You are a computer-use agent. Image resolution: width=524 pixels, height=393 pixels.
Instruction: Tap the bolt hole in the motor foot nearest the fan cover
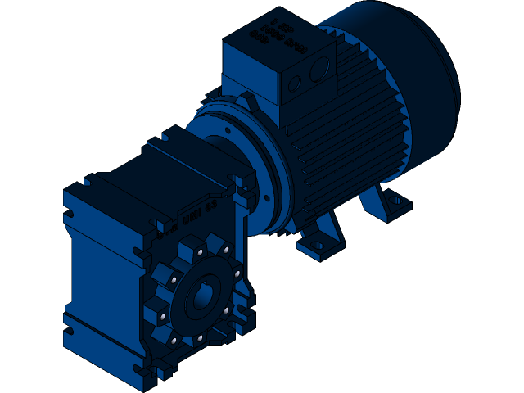pos(395,199)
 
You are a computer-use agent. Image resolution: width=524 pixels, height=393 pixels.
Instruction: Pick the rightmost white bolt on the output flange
pos(237,273)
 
